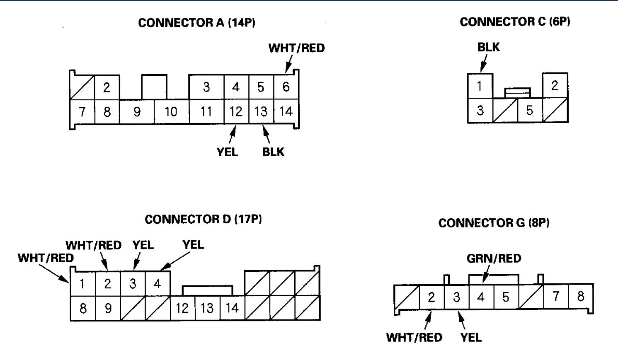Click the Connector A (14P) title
196,23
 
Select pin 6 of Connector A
286,87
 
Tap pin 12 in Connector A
236,111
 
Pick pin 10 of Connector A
171,111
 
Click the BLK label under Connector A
273,152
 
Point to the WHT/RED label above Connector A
296,48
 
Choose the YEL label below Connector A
227,152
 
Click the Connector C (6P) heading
515,22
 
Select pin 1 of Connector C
480,86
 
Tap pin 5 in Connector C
529,111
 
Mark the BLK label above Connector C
489,47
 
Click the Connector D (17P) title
203,219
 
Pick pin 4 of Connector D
158,284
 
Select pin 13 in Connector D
207,308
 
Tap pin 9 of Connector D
108,308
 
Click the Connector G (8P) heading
494,223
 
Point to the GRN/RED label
494,259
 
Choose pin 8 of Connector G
581,296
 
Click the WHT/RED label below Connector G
414,337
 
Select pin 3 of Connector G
456,297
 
